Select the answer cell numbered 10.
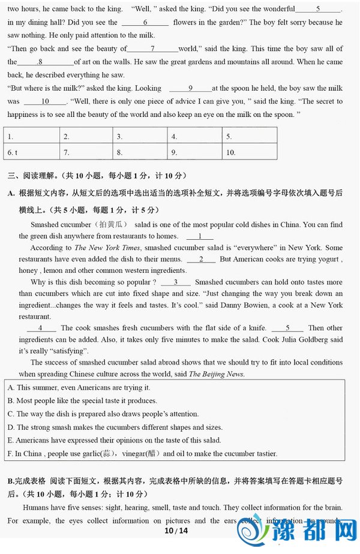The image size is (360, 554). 249,152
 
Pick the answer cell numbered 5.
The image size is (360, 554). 249,136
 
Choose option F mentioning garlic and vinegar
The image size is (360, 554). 143,454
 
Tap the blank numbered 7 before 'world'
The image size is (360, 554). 152,49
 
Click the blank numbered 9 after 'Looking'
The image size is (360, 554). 190,88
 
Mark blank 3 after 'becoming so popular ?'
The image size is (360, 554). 175,282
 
